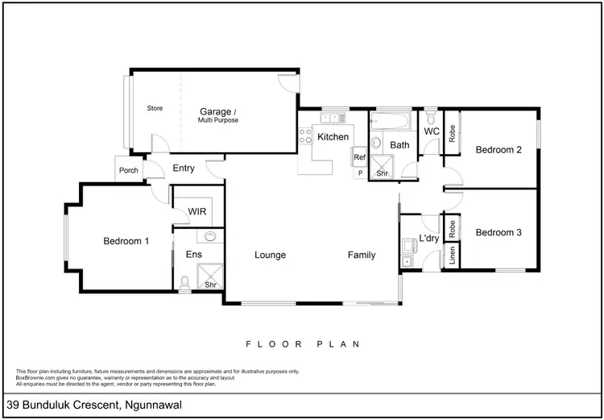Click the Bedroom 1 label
tap(126, 241)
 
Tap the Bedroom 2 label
tap(499, 149)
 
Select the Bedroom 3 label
tap(499, 233)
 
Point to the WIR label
tap(199, 212)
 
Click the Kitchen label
tap(333, 137)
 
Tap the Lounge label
tap(271, 256)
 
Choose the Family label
tap(362, 256)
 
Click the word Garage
tap(217, 111)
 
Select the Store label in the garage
tap(155, 107)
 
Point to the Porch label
tap(128, 170)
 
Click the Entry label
tap(184, 168)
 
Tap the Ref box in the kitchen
tap(359, 158)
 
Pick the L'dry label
tap(428, 239)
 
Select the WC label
tap(432, 131)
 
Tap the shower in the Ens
tap(212, 277)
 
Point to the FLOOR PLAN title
tap(302, 343)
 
